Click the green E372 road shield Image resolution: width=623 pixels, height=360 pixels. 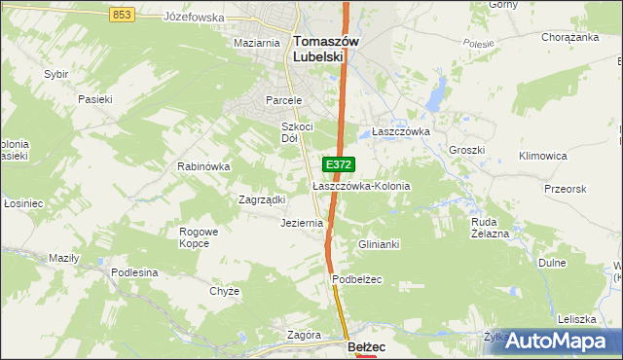pyautogui.click(x=338, y=165)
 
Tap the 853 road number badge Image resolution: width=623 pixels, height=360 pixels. pyautogui.click(x=122, y=14)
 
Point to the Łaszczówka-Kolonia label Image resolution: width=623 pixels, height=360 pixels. pyautogui.click(x=361, y=185)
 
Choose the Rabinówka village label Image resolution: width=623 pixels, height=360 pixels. pyautogui.click(x=202, y=166)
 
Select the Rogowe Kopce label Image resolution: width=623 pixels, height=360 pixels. pyautogui.click(x=200, y=238)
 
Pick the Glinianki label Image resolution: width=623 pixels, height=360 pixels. pyautogui.click(x=380, y=244)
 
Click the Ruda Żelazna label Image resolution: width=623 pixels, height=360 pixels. pyautogui.click(x=490, y=227)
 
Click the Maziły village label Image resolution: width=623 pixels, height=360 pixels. pyautogui.click(x=63, y=258)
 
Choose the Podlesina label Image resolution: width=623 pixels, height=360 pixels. pyautogui.click(x=134, y=272)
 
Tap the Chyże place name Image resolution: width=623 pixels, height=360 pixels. pyautogui.click(x=224, y=291)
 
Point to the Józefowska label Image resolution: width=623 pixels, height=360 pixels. pyautogui.click(x=195, y=18)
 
